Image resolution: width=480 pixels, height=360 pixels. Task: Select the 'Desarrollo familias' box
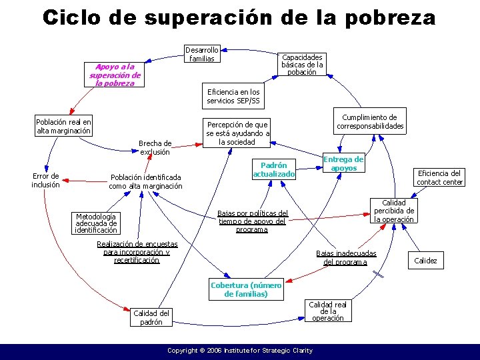[x=201, y=54]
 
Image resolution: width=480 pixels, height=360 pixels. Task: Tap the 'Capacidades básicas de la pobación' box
[x=302, y=65]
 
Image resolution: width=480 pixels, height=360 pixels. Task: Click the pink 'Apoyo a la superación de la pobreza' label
[x=115, y=75]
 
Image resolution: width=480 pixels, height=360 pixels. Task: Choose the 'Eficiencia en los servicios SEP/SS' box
[x=233, y=97]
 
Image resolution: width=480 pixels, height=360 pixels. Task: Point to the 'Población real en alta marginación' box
[x=63, y=127]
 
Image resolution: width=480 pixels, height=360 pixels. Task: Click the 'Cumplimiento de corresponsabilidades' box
[x=370, y=121]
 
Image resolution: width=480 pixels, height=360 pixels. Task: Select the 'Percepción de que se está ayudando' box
[x=238, y=133]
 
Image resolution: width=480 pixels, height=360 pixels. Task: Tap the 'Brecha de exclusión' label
[x=155, y=147]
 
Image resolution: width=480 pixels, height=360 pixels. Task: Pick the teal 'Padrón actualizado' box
[x=273, y=170]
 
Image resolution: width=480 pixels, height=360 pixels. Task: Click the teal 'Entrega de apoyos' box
[x=343, y=164]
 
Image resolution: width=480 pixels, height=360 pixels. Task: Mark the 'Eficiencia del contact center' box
[x=439, y=177]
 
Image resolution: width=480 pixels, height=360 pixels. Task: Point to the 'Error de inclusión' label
[x=46, y=181]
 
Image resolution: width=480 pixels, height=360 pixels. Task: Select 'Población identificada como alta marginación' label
[x=145, y=182]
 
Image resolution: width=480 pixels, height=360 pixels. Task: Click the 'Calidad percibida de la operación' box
[x=393, y=211]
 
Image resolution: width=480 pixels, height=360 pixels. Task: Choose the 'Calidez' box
[x=425, y=261]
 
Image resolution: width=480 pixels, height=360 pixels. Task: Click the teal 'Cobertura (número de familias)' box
[x=246, y=289]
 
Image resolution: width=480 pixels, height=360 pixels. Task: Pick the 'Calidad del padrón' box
[x=151, y=317]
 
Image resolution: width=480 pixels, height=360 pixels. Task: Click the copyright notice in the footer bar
[x=239, y=350]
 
